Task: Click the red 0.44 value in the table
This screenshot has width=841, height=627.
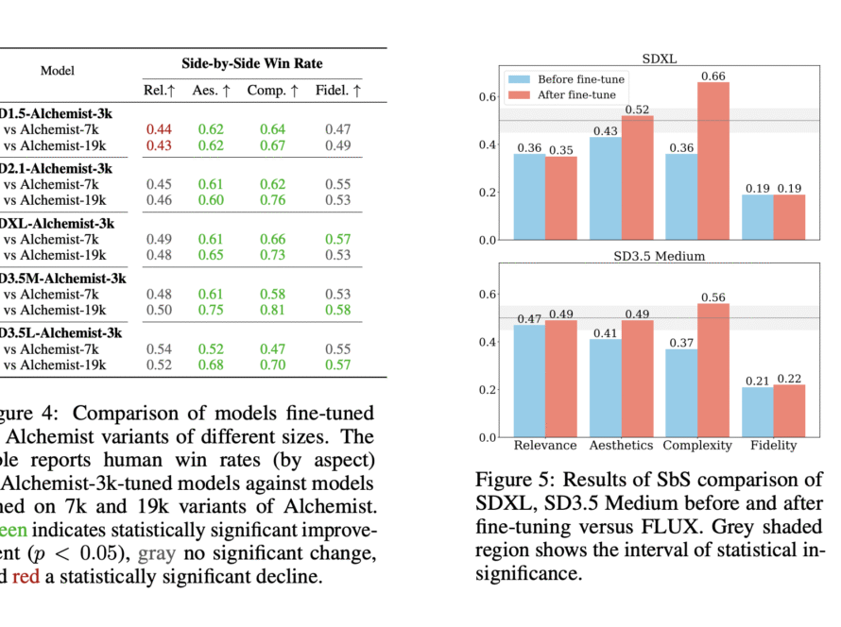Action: click(159, 128)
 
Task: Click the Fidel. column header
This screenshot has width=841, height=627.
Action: click(336, 91)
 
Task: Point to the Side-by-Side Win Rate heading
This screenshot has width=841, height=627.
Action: click(252, 63)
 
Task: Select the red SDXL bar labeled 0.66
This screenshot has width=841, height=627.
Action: click(713, 161)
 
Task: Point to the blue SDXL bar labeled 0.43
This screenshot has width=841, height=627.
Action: click(606, 188)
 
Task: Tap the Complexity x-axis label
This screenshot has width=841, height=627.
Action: click(697, 445)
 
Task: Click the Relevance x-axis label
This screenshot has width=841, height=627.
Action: click(545, 445)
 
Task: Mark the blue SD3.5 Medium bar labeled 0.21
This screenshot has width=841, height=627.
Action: click(757, 412)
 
